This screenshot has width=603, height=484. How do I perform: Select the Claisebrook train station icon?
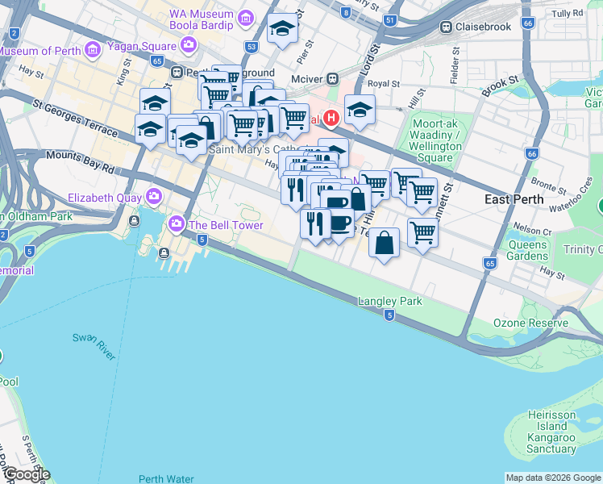coord(445,27)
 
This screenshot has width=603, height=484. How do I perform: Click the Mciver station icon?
coord(331,78)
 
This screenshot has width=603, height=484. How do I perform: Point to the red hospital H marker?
coord(331,119)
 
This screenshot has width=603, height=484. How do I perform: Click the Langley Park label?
coord(390,301)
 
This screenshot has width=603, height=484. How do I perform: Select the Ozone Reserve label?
coord(530,323)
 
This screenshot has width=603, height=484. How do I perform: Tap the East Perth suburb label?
coord(514,199)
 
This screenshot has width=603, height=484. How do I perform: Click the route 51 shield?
coord(391,20)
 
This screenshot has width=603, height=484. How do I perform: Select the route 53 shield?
coord(252,48)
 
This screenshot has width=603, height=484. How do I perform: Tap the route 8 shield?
coord(346,12)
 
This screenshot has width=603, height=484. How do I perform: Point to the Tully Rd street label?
coord(568,14)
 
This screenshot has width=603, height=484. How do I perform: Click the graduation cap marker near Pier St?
coord(282,29)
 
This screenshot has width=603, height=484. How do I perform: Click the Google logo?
coord(26,474)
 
